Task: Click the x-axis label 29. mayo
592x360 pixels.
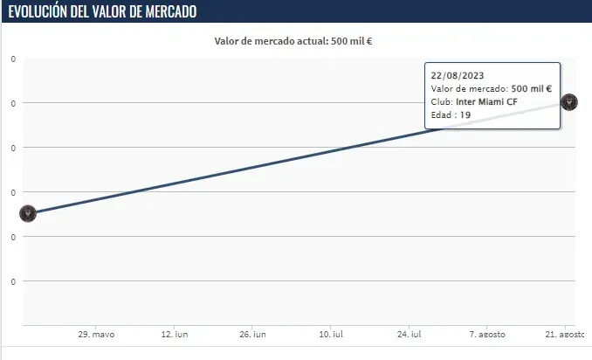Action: pos(96,335)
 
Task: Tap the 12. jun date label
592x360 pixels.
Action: pos(175,335)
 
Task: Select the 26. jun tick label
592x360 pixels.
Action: pos(252,335)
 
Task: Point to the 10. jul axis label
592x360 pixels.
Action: pos(331,335)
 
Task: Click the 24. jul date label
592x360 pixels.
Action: pos(410,335)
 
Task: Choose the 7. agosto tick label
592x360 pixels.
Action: pos(485,335)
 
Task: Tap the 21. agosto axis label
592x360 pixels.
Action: pos(564,335)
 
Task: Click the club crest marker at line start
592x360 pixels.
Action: pos(27,213)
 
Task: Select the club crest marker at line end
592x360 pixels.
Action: pos(569,101)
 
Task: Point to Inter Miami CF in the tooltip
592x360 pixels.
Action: pos(486,101)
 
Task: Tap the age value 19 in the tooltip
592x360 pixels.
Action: pos(465,114)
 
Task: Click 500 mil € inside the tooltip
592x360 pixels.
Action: pos(531,88)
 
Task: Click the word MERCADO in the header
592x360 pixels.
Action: pos(164,11)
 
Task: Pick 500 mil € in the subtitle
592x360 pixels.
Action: pos(352,40)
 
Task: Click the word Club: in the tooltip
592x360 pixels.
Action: pos(441,101)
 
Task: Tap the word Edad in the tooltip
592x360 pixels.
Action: pos(441,114)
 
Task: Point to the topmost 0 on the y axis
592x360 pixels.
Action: pos(13,59)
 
